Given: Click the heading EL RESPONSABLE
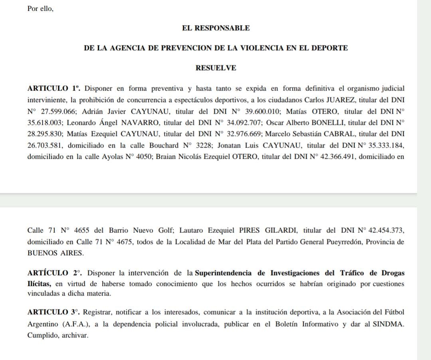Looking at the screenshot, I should [215, 28].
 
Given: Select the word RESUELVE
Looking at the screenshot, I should [215, 68].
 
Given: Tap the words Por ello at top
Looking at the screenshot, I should [40, 8].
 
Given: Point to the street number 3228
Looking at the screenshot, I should [206, 146].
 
